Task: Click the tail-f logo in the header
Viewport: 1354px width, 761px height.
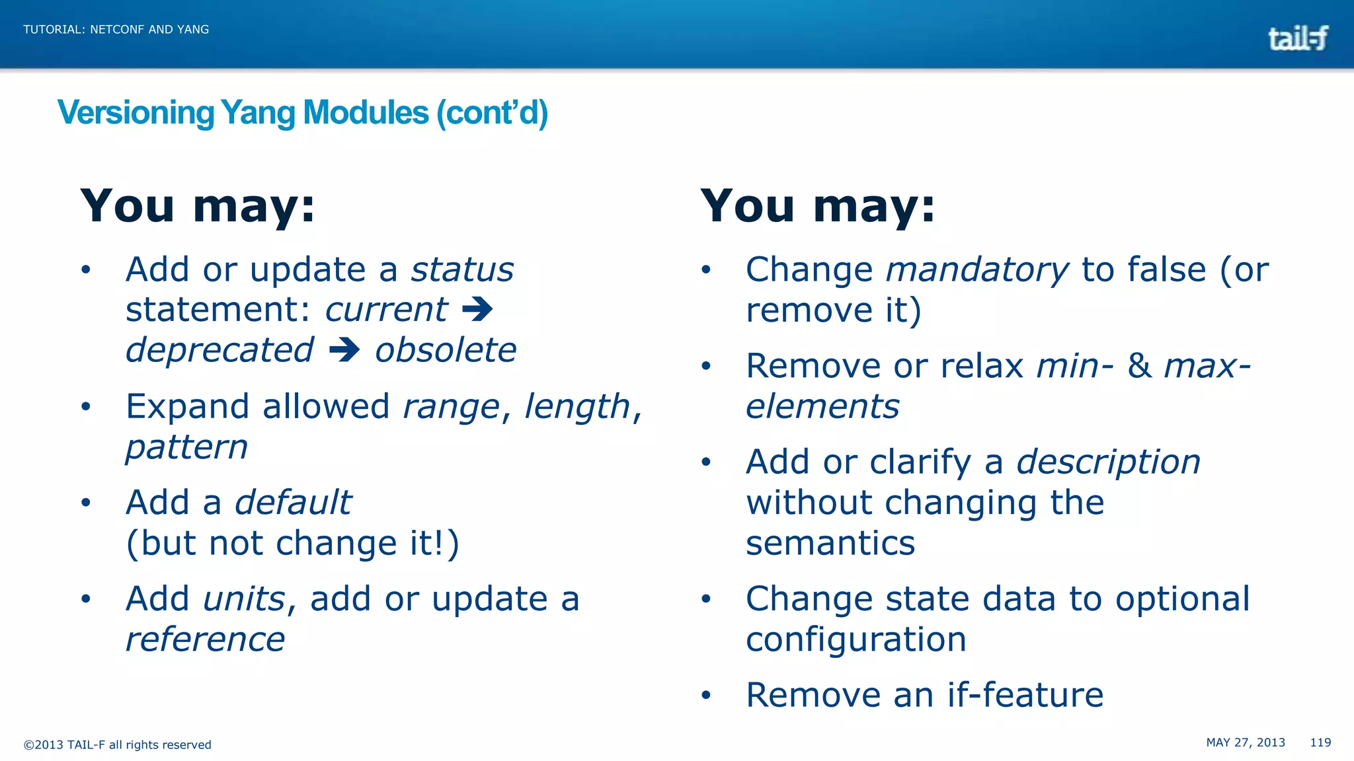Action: point(1298,38)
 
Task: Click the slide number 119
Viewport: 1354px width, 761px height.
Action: point(1320,743)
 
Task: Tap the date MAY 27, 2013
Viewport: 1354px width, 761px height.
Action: point(1246,743)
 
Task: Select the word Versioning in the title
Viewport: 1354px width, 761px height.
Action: point(136,113)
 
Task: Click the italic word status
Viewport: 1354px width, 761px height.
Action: point(462,270)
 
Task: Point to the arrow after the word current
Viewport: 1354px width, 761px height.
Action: point(477,309)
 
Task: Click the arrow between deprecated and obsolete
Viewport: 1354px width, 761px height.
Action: point(344,350)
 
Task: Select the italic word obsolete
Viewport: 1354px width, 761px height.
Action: point(446,350)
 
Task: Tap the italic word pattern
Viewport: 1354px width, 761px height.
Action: point(186,448)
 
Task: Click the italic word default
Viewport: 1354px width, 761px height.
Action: point(293,503)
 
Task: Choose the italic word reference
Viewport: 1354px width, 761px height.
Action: point(205,639)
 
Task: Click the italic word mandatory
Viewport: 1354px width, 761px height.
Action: point(976,270)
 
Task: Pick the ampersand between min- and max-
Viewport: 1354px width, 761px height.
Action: point(1139,366)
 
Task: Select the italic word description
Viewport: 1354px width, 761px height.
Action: point(1108,462)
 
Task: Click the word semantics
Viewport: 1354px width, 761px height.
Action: point(830,543)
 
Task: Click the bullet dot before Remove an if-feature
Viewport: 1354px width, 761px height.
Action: point(706,695)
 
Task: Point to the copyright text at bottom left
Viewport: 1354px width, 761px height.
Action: point(118,745)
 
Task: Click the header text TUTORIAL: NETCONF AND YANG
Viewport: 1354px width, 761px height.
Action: point(116,30)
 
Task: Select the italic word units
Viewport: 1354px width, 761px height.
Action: point(244,599)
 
